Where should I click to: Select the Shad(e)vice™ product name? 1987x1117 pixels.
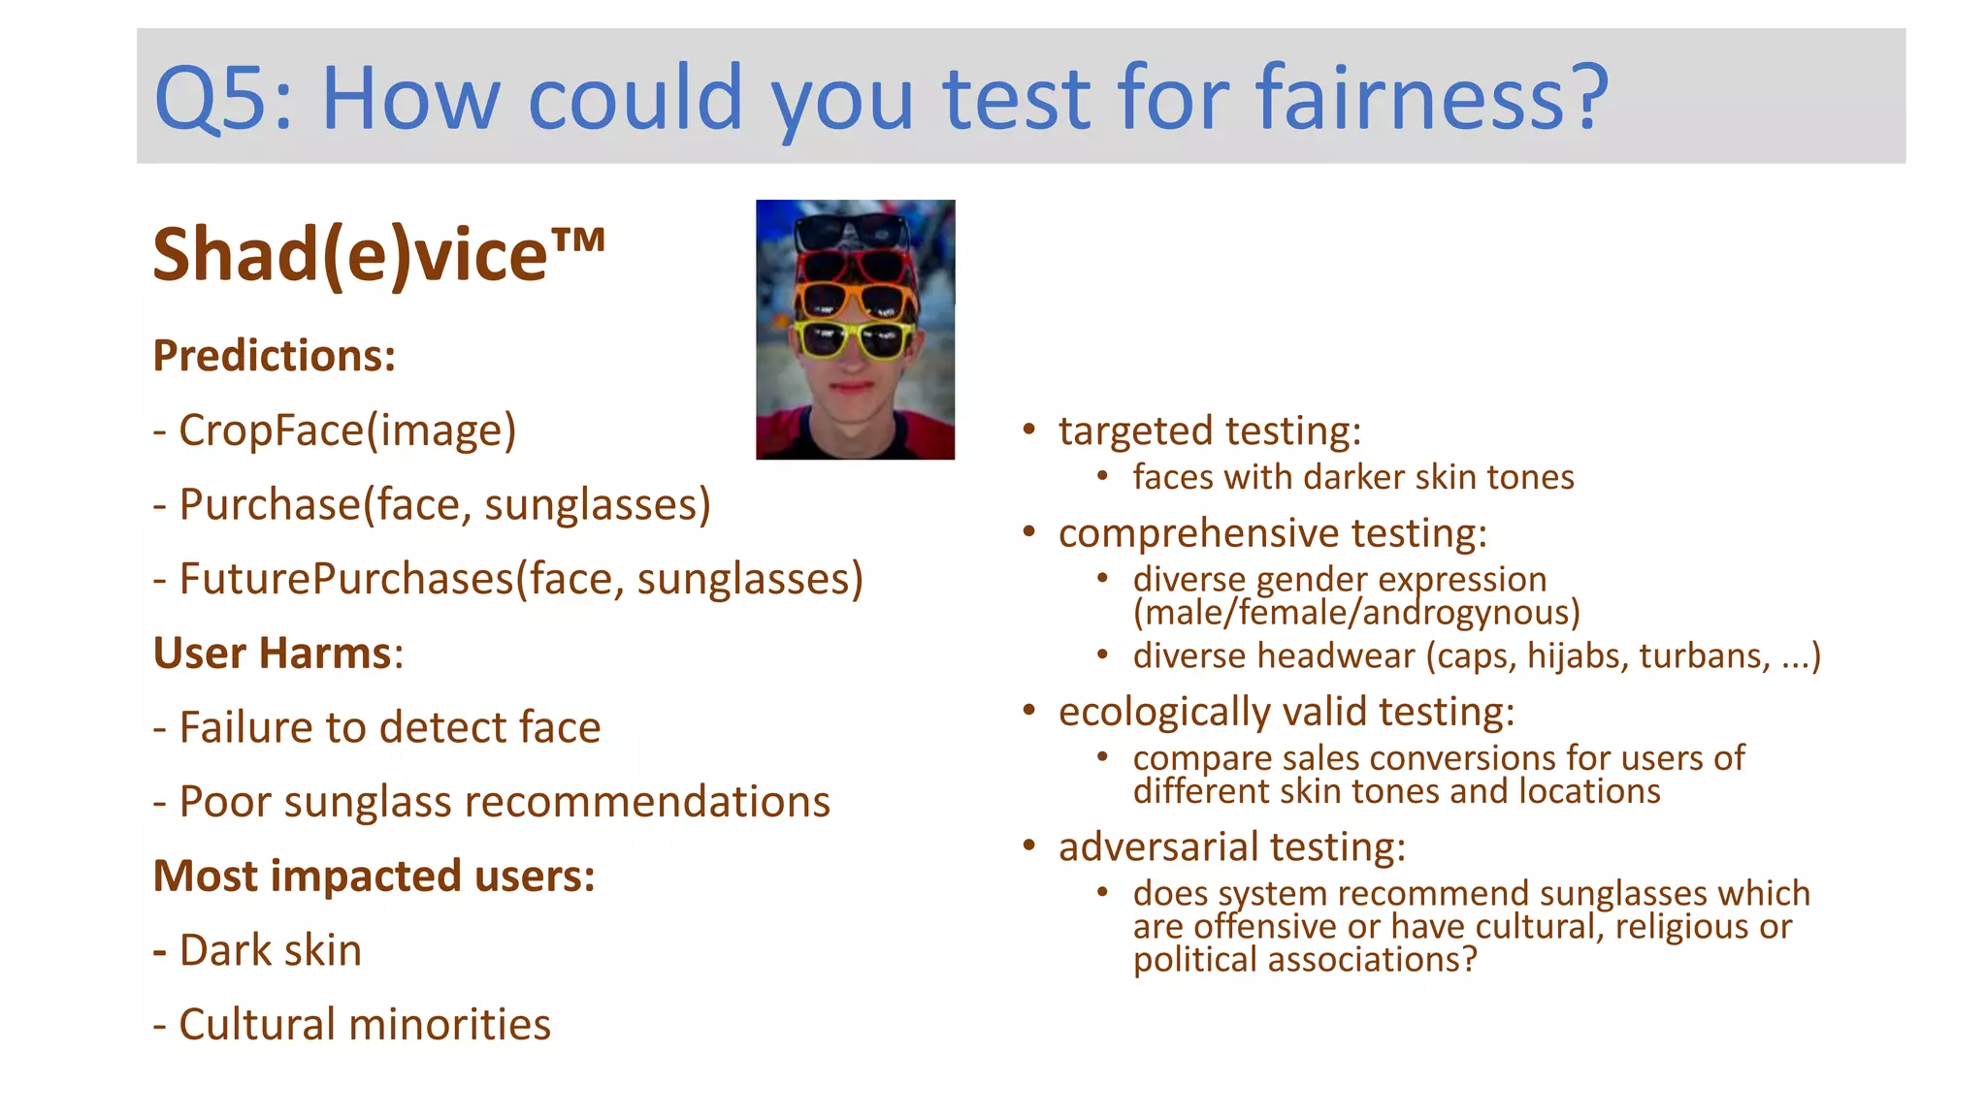click(x=378, y=254)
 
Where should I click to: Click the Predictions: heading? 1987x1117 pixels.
click(x=275, y=356)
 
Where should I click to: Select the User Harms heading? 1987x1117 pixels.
click(x=276, y=654)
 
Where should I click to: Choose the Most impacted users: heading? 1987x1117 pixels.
click(x=374, y=877)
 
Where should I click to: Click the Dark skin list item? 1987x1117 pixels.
click(x=270, y=950)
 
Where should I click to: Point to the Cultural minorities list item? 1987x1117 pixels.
click(x=364, y=1025)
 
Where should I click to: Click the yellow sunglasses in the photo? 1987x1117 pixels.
click(x=854, y=338)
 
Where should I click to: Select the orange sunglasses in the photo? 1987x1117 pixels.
click(x=854, y=300)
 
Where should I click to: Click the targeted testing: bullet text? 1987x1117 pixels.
click(x=1210, y=431)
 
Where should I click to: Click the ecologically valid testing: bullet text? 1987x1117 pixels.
click(x=1286, y=712)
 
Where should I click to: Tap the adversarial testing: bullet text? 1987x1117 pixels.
click(x=1231, y=847)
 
